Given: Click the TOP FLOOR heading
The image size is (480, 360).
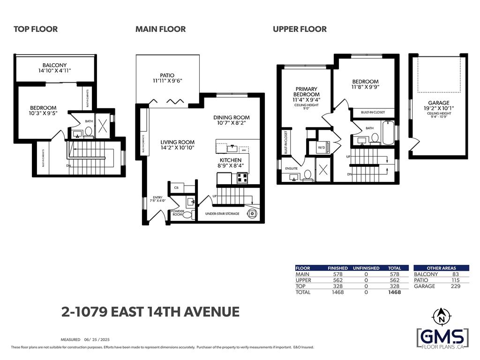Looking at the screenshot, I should [x=36, y=29].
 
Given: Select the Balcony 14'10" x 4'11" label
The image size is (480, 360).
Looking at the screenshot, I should [x=54, y=68].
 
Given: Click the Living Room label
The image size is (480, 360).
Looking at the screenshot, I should [x=177, y=145].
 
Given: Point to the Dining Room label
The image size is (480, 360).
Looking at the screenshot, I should [x=231, y=120].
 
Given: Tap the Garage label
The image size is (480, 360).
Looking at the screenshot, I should [x=438, y=105].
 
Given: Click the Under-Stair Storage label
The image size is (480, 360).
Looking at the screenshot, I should [x=222, y=214].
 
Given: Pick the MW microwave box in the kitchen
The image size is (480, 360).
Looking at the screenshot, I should [x=243, y=150].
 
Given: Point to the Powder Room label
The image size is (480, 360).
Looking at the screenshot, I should [x=178, y=213].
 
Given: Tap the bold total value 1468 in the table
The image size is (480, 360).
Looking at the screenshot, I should [x=395, y=292].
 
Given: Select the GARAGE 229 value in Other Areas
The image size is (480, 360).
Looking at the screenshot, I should [x=455, y=286].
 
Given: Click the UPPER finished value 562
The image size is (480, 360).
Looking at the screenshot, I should [x=337, y=280].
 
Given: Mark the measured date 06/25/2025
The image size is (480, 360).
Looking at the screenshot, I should [x=97, y=339].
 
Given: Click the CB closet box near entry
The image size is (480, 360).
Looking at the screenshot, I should [x=176, y=187].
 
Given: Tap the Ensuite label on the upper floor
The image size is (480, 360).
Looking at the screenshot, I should [x=291, y=168].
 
